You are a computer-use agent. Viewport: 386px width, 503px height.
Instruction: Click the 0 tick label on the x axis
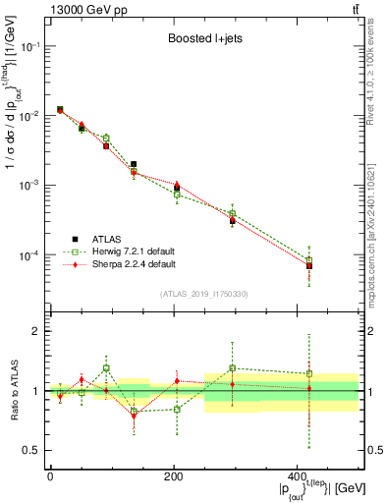coord(49,475)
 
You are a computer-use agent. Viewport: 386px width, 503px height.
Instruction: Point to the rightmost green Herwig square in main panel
coord(337,260)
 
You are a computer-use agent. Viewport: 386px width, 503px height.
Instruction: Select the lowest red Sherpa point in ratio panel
coord(134,416)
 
